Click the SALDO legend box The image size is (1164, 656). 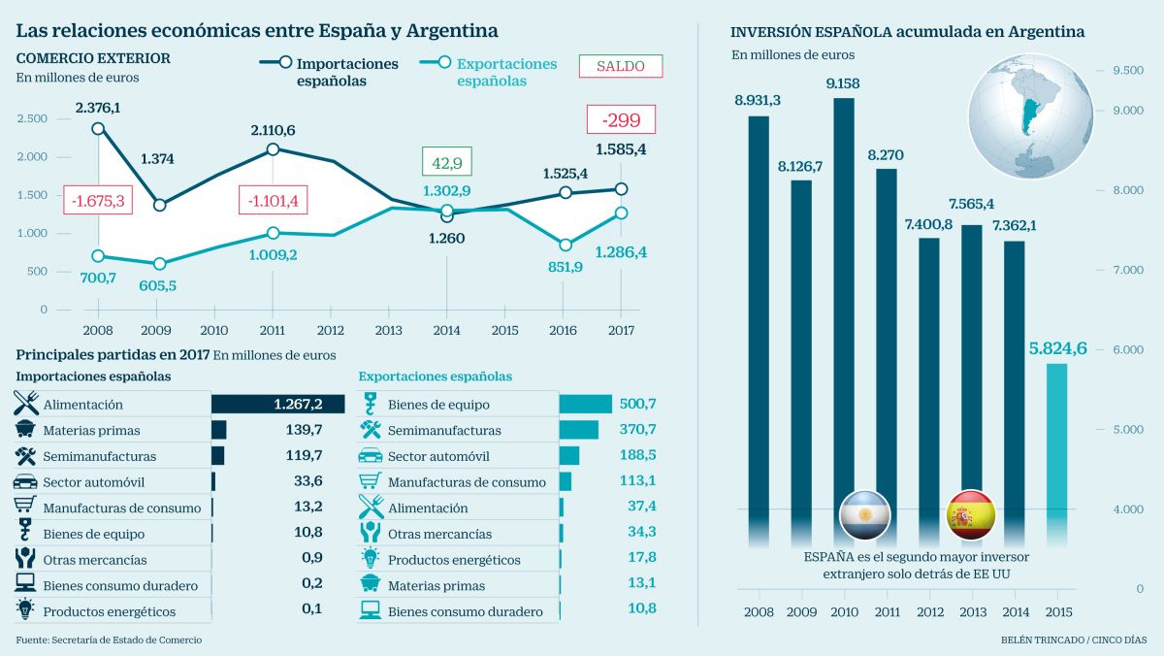click(620, 66)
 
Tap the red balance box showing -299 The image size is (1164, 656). click(620, 120)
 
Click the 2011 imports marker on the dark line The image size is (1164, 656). click(273, 149)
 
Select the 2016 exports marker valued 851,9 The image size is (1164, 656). click(566, 246)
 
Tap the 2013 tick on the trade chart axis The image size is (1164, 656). click(389, 330)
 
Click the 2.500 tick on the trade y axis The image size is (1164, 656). click(31, 118)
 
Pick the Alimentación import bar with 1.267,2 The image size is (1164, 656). click(277, 405)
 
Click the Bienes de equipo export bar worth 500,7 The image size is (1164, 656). click(585, 405)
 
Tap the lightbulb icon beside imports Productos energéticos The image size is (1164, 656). click(25, 610)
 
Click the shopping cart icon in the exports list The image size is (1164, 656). click(371, 481)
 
